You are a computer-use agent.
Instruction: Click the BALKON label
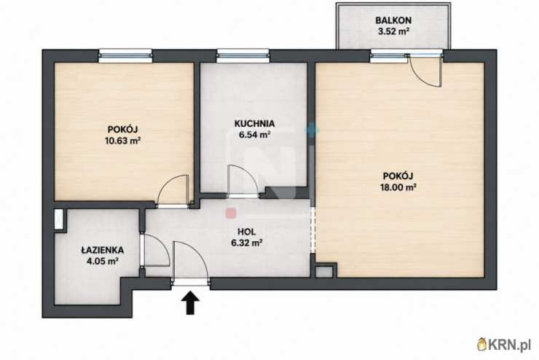coord(393,20)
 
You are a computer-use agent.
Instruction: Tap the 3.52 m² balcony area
coord(393,31)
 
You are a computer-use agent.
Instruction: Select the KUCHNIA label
coord(254,123)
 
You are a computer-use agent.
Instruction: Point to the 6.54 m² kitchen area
coord(254,135)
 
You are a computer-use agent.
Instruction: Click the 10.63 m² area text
coord(123,141)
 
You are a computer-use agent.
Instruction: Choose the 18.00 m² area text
coord(398,187)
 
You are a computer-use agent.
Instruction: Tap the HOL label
coord(247,232)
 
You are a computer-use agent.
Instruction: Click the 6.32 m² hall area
coord(247,243)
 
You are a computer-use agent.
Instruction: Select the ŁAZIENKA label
coord(103,250)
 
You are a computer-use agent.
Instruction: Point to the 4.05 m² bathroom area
coord(103,262)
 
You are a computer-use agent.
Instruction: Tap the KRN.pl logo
coord(504,344)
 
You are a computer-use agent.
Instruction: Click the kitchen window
coord(243,55)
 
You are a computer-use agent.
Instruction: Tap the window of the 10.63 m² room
coord(125,55)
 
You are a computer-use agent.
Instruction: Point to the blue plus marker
coord(312,130)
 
